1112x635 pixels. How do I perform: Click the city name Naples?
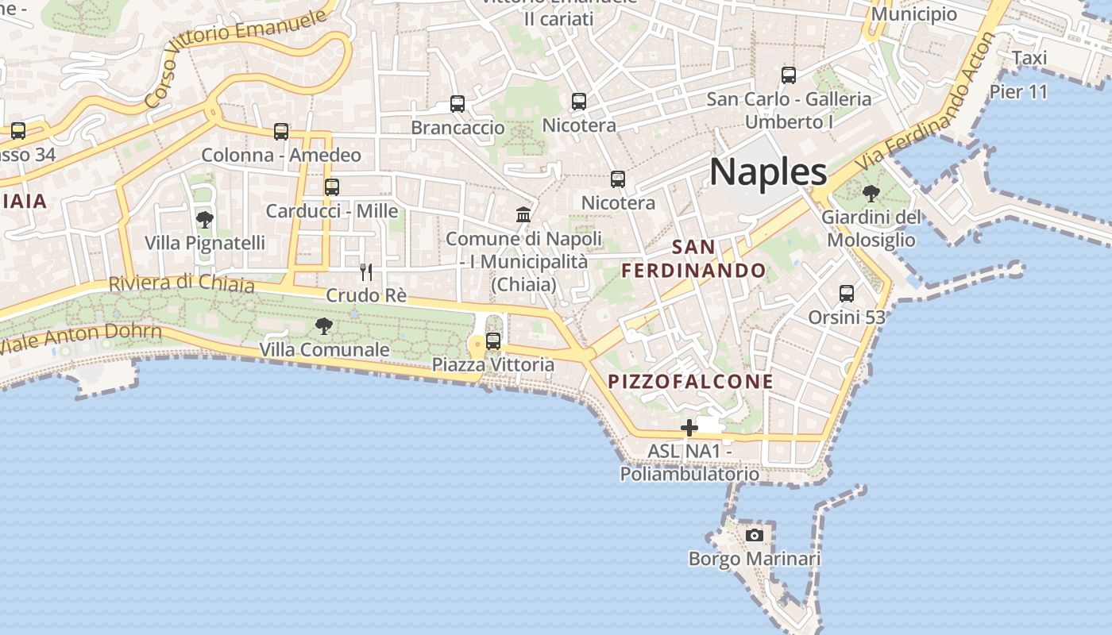(x=768, y=172)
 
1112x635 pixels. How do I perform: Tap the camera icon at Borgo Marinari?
(x=755, y=535)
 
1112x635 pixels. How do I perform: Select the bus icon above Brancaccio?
(x=458, y=104)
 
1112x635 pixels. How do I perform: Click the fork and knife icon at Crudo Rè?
(x=366, y=272)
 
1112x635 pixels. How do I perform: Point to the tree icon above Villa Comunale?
(x=323, y=325)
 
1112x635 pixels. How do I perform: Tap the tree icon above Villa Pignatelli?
(x=205, y=220)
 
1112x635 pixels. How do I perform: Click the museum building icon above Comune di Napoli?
(x=523, y=214)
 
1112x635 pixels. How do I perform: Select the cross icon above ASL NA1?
(x=689, y=429)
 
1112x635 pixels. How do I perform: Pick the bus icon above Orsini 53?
(x=847, y=294)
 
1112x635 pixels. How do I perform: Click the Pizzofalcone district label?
(x=690, y=382)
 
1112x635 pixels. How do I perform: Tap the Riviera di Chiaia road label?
(x=181, y=283)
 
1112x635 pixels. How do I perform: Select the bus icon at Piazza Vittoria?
(x=493, y=341)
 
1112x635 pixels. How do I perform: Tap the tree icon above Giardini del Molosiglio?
(x=871, y=193)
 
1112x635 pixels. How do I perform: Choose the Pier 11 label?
(x=1018, y=92)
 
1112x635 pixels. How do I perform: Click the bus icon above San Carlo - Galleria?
(x=789, y=75)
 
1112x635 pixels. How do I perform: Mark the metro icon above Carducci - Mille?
(x=332, y=187)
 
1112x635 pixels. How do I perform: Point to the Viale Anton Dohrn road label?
(x=79, y=338)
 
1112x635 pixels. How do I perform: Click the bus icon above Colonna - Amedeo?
(x=281, y=132)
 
